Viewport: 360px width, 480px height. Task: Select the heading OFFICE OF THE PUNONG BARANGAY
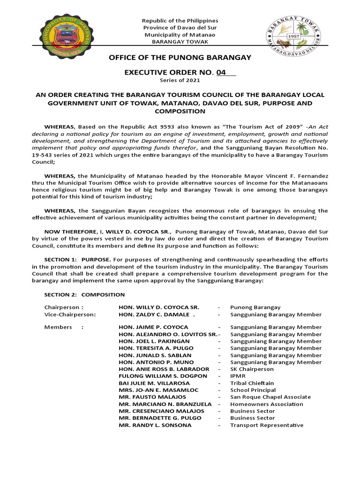(180, 57)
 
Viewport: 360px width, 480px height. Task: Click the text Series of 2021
(180, 81)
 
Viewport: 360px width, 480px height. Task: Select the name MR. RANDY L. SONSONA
(155, 425)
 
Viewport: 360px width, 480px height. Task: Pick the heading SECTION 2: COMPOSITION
(84, 295)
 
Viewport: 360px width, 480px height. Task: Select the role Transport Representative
(267, 425)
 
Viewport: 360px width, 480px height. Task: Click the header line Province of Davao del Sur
(180, 28)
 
